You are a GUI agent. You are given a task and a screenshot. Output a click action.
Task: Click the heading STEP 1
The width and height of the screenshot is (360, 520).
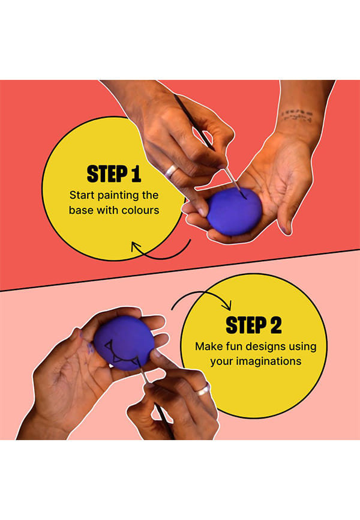pos(114,174)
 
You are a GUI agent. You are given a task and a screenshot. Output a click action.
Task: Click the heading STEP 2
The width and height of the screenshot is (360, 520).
pos(254,325)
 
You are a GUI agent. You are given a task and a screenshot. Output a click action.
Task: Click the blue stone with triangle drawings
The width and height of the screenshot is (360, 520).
pos(124,343)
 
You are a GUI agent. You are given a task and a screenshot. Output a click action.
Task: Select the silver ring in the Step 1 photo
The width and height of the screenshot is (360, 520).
pos(172,171)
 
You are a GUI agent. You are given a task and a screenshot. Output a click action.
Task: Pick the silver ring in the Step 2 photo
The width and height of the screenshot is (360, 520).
pos(203,389)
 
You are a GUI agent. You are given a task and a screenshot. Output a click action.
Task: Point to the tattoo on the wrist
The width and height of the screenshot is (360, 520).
pos(297,115)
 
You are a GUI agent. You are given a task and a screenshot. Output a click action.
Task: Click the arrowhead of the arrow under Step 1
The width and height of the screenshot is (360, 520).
pos(136,247)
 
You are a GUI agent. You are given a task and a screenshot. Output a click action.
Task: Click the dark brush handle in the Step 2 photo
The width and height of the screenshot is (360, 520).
pos(164,420)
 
